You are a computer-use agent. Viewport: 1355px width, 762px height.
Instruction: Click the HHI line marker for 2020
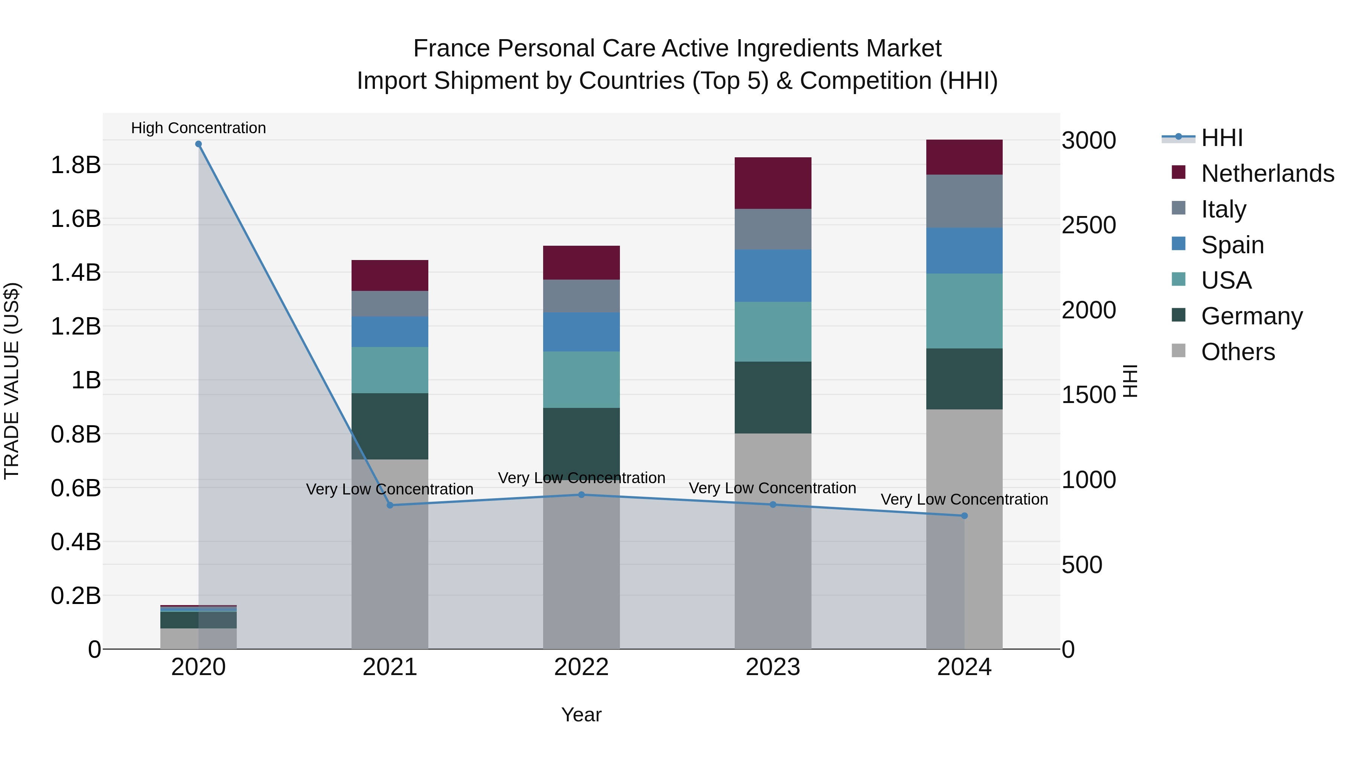click(198, 144)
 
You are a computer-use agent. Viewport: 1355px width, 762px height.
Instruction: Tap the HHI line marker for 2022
click(581, 495)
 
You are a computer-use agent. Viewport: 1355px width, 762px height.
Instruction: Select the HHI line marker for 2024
click(964, 516)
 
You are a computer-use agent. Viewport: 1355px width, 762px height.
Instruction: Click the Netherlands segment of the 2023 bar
click(773, 183)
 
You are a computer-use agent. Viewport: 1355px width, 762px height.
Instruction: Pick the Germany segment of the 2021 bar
click(390, 426)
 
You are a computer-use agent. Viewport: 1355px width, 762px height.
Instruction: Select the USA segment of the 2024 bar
click(964, 311)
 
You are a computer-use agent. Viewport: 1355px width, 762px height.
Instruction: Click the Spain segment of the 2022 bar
click(581, 332)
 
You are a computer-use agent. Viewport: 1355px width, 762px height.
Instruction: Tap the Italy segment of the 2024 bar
click(964, 201)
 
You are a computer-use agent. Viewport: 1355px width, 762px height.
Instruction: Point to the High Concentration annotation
click(198, 128)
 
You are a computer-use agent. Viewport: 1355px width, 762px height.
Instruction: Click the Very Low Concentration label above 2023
click(772, 488)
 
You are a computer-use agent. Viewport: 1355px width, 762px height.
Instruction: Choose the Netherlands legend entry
click(1267, 173)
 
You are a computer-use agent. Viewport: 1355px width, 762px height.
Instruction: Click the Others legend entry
click(1238, 352)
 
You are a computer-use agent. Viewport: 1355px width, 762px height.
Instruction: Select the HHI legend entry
click(1221, 138)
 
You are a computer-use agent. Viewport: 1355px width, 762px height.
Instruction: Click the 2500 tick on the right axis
click(1088, 225)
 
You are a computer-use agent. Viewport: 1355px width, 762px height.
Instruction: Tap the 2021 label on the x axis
click(390, 667)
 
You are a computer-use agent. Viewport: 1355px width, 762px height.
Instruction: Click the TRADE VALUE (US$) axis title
click(12, 381)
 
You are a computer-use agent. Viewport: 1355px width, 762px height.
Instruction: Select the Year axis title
click(581, 715)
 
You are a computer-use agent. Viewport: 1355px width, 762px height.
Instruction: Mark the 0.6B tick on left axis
click(75, 488)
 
